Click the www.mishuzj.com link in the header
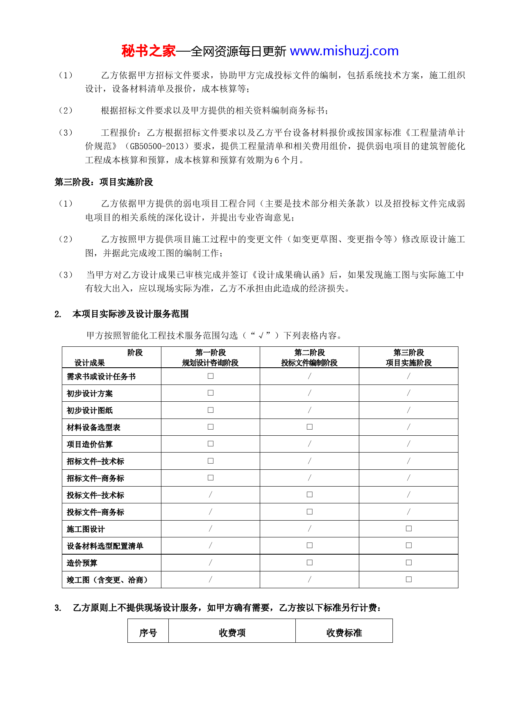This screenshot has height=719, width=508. (344, 51)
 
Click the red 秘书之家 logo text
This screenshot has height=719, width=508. (148, 51)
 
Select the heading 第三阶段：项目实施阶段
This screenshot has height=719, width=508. (104, 182)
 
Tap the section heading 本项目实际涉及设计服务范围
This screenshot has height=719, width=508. (130, 314)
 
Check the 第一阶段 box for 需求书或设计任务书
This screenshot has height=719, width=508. (211, 376)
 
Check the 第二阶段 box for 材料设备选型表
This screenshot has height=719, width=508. (310, 427)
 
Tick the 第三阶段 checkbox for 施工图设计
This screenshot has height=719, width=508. (409, 528)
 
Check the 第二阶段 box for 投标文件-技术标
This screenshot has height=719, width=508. (310, 495)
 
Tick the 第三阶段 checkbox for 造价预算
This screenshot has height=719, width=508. (409, 562)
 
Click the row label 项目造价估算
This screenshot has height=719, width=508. (90, 444)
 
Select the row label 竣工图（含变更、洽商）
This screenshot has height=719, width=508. (107, 580)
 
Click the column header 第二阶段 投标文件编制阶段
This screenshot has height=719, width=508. (309, 357)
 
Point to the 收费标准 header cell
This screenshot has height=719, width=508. (344, 633)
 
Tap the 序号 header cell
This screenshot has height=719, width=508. (148, 633)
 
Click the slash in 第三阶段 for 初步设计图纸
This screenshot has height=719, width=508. (408, 410)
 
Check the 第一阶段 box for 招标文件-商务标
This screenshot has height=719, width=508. (211, 478)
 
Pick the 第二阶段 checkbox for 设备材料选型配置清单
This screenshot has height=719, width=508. (310, 545)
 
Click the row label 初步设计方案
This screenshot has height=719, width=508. (90, 394)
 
